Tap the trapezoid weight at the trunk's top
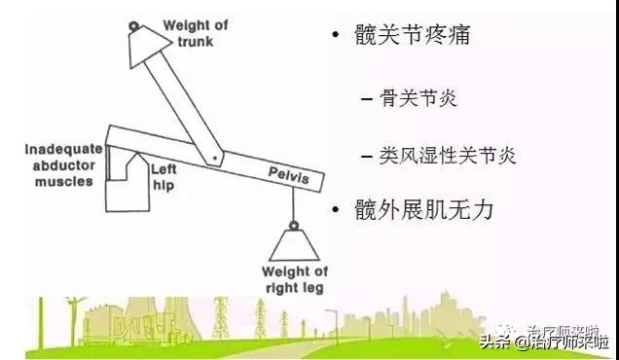146,42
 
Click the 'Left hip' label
163,176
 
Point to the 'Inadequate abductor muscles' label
62,164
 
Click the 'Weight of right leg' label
294,279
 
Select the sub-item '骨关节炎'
423,97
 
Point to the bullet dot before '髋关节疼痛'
336,38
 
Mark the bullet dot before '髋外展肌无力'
336,209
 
